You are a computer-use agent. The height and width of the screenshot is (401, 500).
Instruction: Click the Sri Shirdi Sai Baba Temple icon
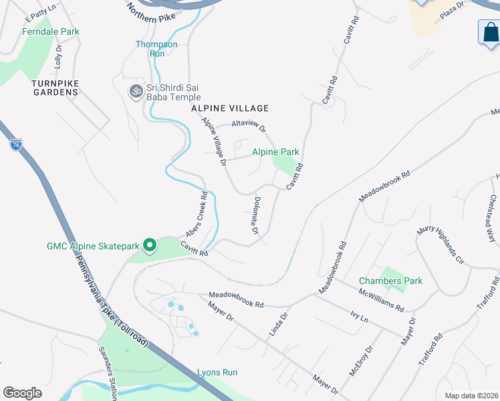tap(136, 90)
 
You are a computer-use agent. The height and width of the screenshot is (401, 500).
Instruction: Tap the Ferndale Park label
tap(50, 31)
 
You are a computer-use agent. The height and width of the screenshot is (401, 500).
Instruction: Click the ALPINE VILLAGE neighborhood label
tap(230, 108)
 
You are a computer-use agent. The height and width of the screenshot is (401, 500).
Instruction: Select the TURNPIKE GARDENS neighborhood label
tap(55, 88)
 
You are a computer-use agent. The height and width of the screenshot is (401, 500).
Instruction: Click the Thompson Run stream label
tap(156, 49)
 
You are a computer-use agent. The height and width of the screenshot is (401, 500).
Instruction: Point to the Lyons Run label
tap(217, 372)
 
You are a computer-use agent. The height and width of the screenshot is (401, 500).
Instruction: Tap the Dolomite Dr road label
tap(256, 215)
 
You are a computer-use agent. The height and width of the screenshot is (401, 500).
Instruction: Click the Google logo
tap(22, 393)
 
